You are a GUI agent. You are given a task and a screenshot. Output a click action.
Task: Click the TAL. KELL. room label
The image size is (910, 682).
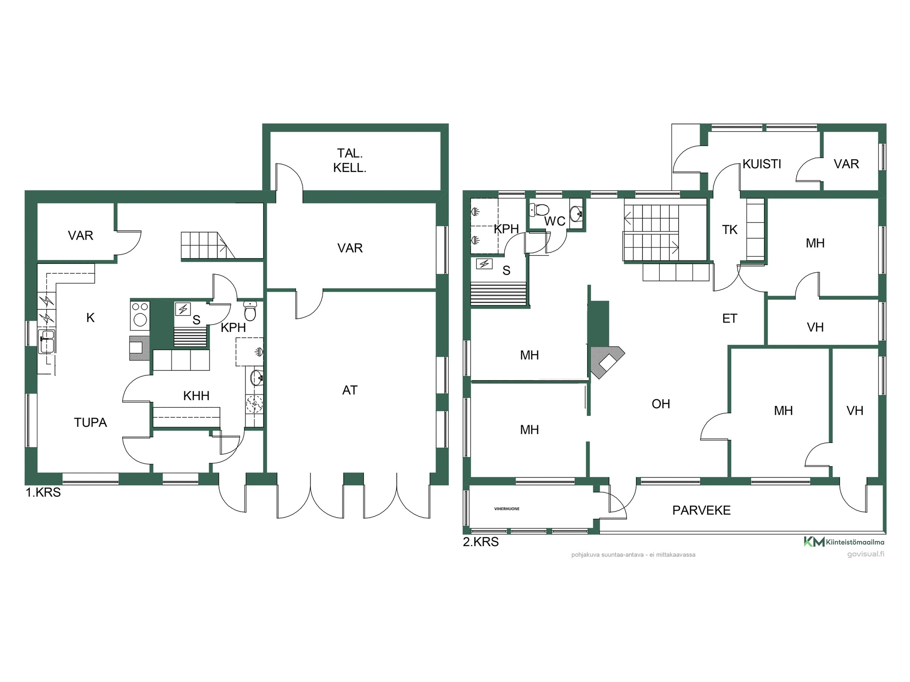(x=350, y=160)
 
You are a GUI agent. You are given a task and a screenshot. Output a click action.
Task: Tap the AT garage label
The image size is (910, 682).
(x=350, y=390)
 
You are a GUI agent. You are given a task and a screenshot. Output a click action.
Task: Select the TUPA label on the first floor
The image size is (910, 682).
(x=91, y=422)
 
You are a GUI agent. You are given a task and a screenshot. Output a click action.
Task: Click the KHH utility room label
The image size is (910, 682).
(x=196, y=395)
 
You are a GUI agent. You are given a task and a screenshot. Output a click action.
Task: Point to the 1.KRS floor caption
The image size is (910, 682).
(x=43, y=493)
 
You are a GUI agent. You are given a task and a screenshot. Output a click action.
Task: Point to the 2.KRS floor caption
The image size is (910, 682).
(x=481, y=542)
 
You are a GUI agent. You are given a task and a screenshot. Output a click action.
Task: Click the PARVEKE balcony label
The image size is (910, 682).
(x=701, y=510)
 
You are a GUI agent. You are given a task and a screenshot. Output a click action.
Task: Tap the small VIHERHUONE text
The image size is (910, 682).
(x=507, y=509)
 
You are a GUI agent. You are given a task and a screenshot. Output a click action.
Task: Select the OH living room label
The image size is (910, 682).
(x=661, y=404)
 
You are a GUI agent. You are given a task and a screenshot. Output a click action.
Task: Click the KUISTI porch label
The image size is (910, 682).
(x=762, y=164)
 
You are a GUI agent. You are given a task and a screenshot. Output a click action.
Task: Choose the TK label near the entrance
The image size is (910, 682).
(x=730, y=230)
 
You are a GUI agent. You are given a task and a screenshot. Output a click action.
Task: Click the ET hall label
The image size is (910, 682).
(x=730, y=318)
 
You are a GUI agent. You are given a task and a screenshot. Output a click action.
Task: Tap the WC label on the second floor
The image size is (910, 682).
(x=555, y=221)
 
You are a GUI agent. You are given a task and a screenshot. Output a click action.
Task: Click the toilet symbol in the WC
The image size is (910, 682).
(x=539, y=209)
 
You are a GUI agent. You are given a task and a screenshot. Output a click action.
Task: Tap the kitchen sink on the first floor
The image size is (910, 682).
(x=47, y=341)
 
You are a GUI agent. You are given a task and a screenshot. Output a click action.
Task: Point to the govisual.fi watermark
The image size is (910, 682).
(x=865, y=554)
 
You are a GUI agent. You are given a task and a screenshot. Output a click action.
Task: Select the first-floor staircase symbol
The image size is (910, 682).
(x=208, y=245)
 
